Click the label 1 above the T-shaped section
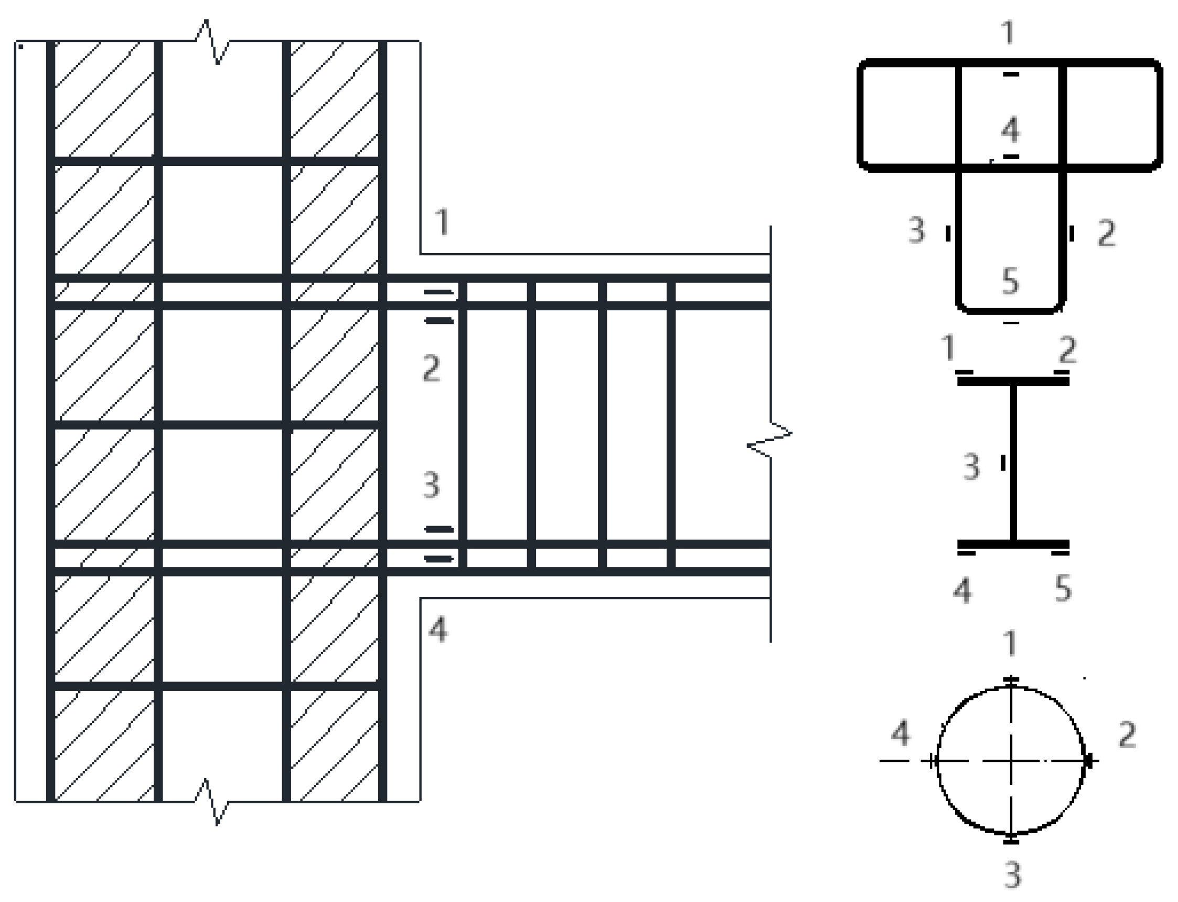click(x=1009, y=33)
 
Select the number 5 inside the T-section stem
click(x=1010, y=281)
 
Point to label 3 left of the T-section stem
click(x=917, y=231)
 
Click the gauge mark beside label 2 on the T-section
click(x=1071, y=234)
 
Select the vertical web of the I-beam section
click(x=1013, y=462)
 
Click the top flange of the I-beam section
click(x=1013, y=382)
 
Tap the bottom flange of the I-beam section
click(x=1013, y=544)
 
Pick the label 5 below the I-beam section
click(x=1063, y=589)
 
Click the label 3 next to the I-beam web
click(x=971, y=467)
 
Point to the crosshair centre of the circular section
click(x=1011, y=761)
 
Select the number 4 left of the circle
click(x=901, y=733)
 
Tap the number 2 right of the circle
click(x=1127, y=735)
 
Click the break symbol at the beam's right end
click(x=770, y=439)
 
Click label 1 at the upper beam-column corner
click(x=442, y=222)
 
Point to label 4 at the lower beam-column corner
click(x=438, y=630)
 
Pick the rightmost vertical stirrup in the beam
click(x=670, y=424)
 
